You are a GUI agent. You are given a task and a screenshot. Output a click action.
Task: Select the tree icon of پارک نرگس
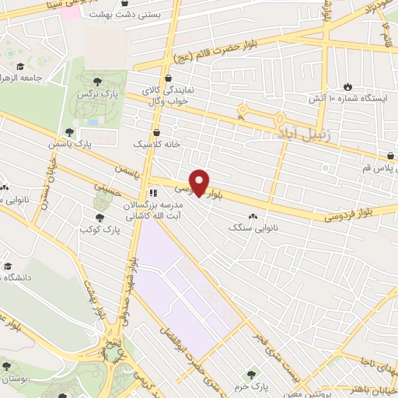click(96, 80)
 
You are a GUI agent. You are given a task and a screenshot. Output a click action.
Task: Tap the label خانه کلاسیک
click(156, 145)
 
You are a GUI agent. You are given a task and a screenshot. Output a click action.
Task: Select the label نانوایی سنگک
click(253, 229)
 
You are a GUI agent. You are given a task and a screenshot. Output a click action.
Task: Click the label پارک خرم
click(251, 386)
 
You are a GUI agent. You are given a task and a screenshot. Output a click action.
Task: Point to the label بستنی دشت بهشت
click(127, 14)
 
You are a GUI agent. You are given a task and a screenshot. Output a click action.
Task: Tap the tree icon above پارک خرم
click(251, 375)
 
